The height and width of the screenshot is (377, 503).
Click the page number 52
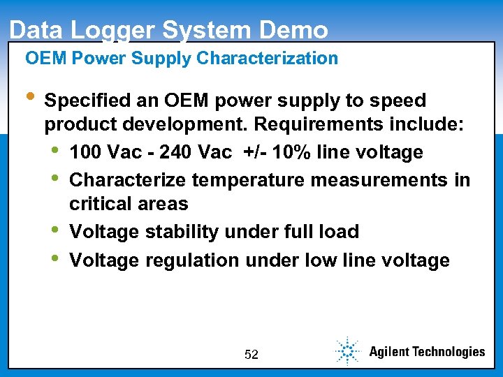pyautogui.click(x=251, y=355)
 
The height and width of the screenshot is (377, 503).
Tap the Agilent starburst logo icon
pyautogui.click(x=347, y=350)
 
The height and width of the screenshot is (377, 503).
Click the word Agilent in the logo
pyautogui.click(x=390, y=352)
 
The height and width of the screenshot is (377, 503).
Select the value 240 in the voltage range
pyautogui.click(x=177, y=152)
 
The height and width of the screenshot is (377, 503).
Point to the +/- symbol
pyautogui.click(x=251, y=152)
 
